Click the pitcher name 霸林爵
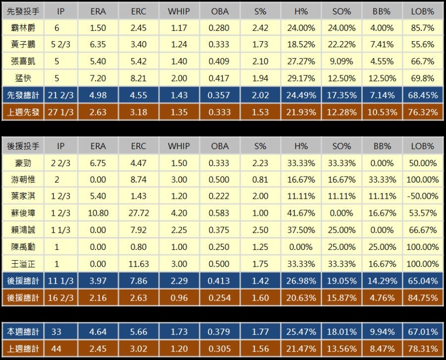pyautogui.click(x=23, y=28)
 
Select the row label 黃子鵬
pyautogui.click(x=23, y=45)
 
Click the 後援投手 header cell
pyautogui.click(x=23, y=146)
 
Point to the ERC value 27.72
pyautogui.click(x=139, y=213)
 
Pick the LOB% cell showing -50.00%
pyautogui.click(x=422, y=196)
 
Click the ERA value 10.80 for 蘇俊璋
pyautogui.click(x=98, y=213)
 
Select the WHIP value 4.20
pyautogui.click(x=179, y=213)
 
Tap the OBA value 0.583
pyautogui.click(x=220, y=213)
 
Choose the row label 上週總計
pyautogui.click(x=23, y=349)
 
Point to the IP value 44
pyautogui.click(x=56, y=349)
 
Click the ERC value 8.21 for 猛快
pyautogui.click(x=139, y=78)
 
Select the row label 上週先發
pyautogui.click(x=23, y=112)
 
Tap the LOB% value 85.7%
pyautogui.click(x=422, y=28)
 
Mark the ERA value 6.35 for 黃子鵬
pyautogui.click(x=98, y=45)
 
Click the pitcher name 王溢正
pyautogui.click(x=23, y=264)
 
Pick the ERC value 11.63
pyautogui.click(x=139, y=264)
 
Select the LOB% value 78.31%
pyautogui.click(x=422, y=349)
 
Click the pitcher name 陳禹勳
pyautogui.click(x=23, y=247)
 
